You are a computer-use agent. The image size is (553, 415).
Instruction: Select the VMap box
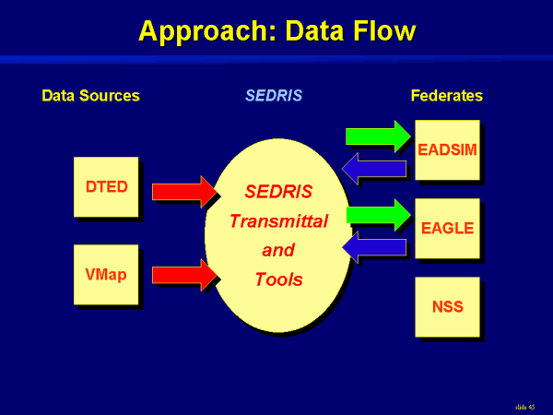[105, 274]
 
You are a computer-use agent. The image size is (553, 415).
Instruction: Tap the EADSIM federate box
[447, 149]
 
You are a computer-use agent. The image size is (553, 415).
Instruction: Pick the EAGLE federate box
[447, 228]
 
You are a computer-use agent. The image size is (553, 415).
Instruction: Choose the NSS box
[447, 306]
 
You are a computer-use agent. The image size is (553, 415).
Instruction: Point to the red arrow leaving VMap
[182, 275]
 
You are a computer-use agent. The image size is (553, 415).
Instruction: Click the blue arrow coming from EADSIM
[374, 168]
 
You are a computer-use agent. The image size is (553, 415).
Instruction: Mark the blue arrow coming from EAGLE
[374, 246]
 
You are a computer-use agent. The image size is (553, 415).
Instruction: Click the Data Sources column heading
[90, 96]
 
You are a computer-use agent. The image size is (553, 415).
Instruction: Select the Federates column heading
[446, 96]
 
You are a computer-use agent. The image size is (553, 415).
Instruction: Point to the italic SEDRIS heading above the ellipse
[274, 96]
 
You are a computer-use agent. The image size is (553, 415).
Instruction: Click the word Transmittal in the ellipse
[278, 221]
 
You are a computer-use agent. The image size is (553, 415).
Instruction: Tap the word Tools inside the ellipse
[278, 279]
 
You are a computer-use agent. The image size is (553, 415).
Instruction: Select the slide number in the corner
[525, 406]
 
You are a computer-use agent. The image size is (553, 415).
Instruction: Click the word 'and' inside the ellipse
[278, 250]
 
